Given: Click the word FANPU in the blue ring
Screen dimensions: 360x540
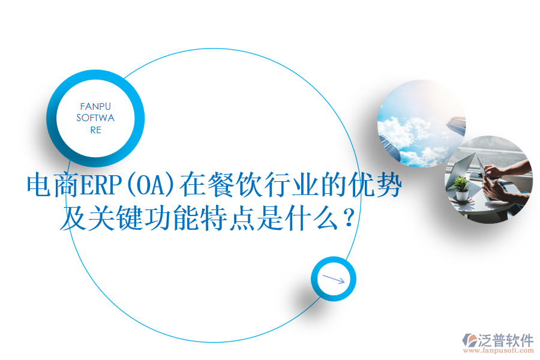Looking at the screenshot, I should coord(95,106).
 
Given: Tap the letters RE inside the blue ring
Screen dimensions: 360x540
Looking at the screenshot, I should coord(95,130).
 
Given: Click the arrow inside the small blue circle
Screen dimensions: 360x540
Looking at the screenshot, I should coord(334,279).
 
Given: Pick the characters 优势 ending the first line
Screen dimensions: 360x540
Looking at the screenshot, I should coord(377,187).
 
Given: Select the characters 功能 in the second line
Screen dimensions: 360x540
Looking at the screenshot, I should coord(178,220).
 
